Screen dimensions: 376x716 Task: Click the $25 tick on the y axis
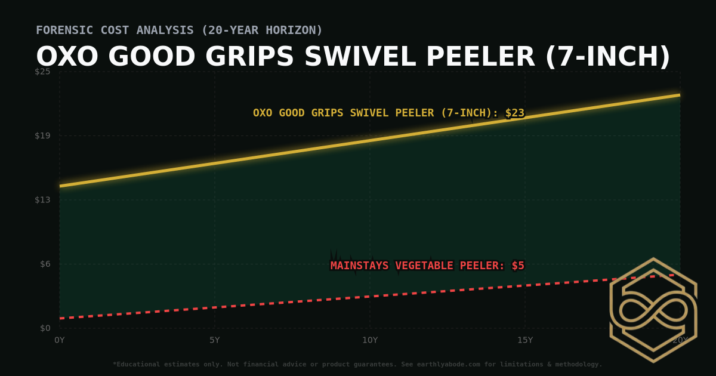(42, 72)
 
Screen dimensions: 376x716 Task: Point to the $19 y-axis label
(42, 135)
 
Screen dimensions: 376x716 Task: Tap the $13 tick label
(42, 199)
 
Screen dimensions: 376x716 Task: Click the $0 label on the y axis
(45, 328)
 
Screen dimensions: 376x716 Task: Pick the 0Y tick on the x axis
(60, 340)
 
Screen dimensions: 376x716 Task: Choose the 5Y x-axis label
(215, 340)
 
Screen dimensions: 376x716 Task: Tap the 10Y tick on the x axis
(370, 340)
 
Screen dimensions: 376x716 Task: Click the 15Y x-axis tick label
(525, 340)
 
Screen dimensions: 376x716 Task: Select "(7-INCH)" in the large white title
(607, 57)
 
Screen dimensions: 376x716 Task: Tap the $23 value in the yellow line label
(514, 113)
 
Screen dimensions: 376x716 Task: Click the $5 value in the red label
(517, 266)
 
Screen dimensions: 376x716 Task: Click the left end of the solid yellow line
(61, 186)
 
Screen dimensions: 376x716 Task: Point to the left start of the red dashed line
(61, 318)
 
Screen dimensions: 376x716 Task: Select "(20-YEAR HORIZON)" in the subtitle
(262, 30)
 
